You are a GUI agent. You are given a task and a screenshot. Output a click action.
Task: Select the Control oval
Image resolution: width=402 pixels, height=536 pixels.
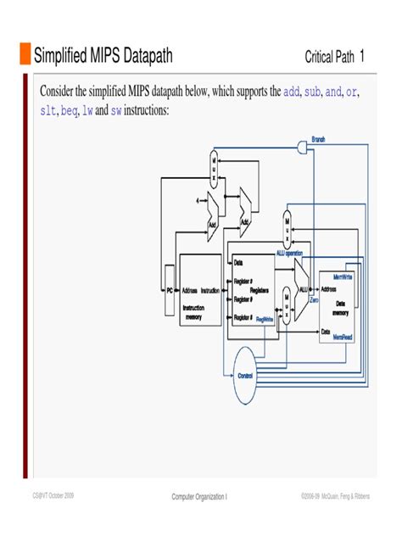tap(244, 373)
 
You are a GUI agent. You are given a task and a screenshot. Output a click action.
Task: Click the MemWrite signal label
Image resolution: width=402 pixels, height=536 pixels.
tap(343, 276)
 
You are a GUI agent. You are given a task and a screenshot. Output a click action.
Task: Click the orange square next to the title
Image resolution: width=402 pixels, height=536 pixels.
tap(25, 56)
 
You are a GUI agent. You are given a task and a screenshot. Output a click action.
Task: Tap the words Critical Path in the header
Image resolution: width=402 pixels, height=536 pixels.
tap(329, 58)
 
